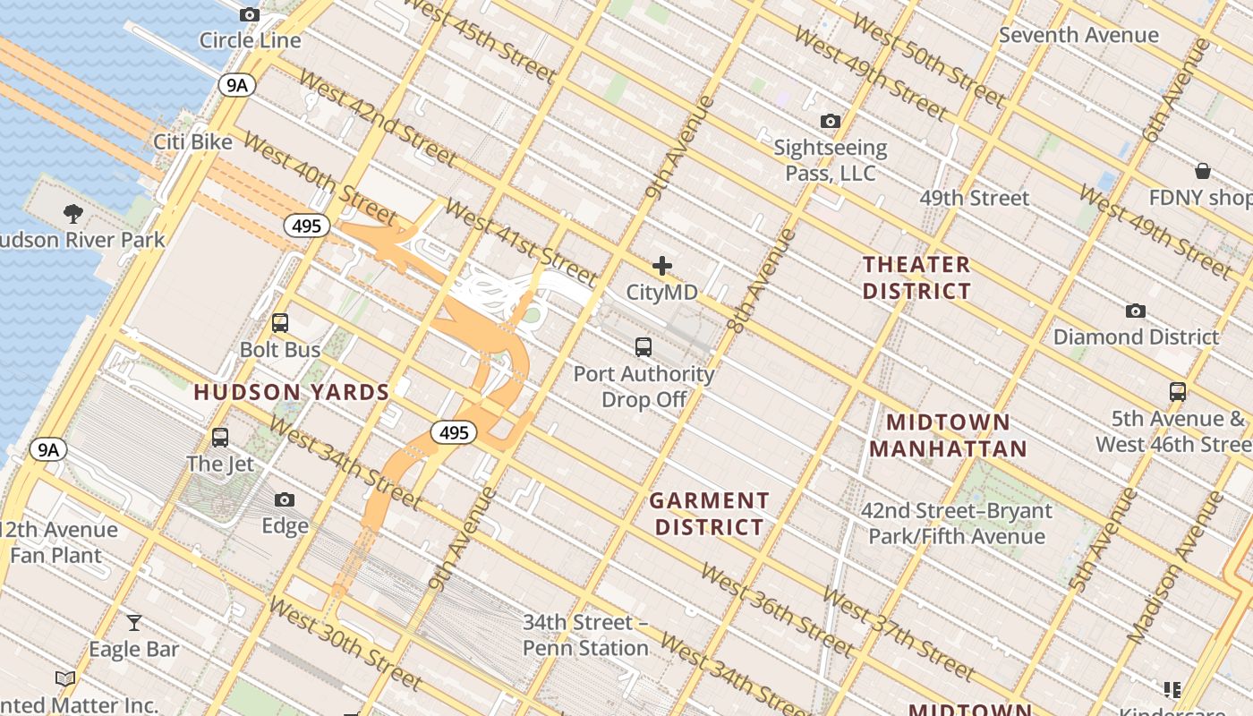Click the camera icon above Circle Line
tap(250, 14)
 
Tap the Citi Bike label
tap(192, 141)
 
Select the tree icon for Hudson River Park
tap(73, 214)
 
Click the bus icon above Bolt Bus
tap(280, 323)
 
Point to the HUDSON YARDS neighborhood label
tap(292, 392)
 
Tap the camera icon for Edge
tap(285, 499)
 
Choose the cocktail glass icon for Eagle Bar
tap(134, 622)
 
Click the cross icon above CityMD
tap(662, 266)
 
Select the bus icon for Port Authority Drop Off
tap(643, 347)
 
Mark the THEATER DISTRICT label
tap(916, 277)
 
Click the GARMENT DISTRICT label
tap(709, 514)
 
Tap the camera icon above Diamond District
tap(1136, 311)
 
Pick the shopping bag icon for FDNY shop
tap(1203, 171)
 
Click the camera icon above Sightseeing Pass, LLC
tap(831, 121)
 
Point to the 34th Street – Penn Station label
tap(585, 635)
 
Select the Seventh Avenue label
tap(1078, 35)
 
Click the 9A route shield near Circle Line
tap(236, 85)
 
